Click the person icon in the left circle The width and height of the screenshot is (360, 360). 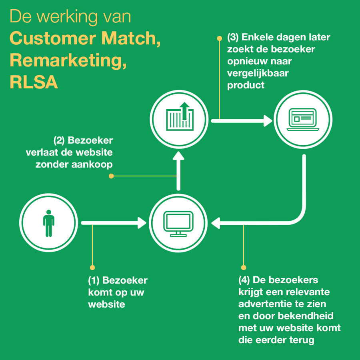48,223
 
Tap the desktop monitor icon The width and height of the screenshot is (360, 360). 178,223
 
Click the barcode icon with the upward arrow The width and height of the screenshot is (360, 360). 180,118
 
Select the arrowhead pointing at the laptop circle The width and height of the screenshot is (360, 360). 267,120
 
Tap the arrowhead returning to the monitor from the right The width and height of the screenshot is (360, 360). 216,223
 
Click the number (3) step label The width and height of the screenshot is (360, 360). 233,38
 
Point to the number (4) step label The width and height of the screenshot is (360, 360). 244,280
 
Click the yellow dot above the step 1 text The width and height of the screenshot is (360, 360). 92,267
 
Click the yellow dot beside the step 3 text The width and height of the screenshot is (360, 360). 219,38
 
